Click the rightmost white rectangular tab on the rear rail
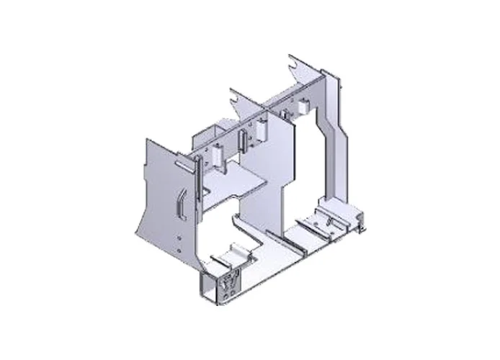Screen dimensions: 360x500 302,106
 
